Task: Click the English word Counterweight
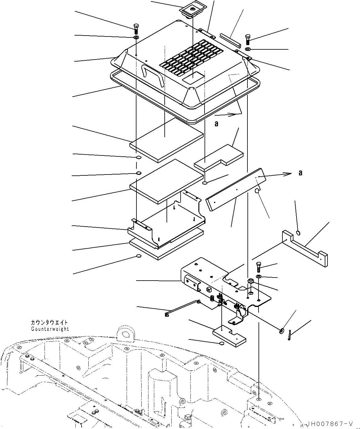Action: [50, 329]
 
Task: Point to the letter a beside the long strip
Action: [300, 173]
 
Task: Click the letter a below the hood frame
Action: [216, 124]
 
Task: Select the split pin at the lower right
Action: [290, 335]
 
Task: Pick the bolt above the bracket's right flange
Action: [259, 267]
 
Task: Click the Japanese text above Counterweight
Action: [49, 323]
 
